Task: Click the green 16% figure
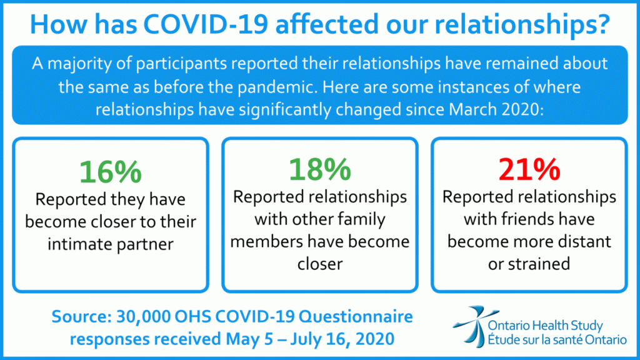[111, 172]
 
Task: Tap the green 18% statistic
[320, 169]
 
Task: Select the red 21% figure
[529, 169]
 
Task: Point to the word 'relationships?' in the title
[522, 25]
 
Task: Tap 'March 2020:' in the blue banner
[496, 109]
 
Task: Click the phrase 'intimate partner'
[111, 244]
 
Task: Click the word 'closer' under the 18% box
[320, 264]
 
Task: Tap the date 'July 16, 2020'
[342, 339]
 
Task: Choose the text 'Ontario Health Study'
[545, 326]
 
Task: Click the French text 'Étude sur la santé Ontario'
[557, 340]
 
